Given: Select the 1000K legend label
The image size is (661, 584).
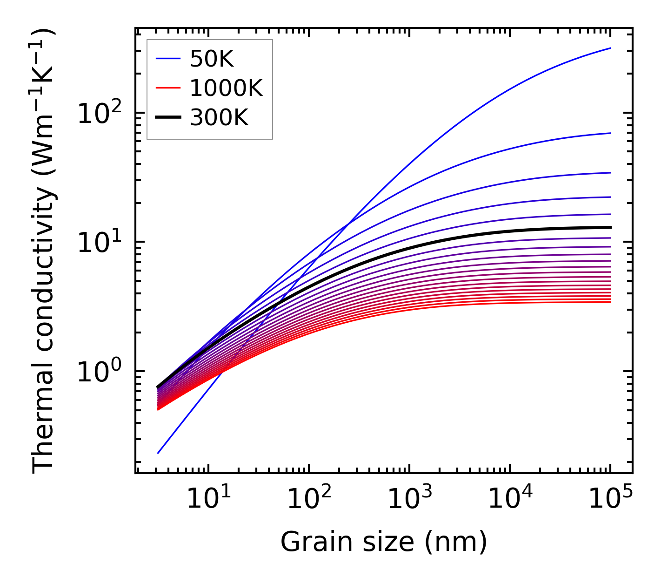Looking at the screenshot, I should (x=226, y=88).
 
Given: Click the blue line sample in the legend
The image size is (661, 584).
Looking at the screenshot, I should (x=167, y=59).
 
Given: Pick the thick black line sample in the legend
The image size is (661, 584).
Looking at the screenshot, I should (x=167, y=118).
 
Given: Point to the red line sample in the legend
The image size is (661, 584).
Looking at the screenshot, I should (x=167, y=88).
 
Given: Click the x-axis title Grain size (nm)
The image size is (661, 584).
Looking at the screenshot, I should (x=384, y=542).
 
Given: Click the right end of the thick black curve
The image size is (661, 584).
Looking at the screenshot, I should (x=610, y=227).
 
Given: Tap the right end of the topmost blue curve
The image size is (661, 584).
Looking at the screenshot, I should (x=610, y=48).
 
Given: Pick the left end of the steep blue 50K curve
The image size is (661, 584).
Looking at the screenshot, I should (x=158, y=453).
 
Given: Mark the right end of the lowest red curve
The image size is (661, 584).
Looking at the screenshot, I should (x=610, y=302).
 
